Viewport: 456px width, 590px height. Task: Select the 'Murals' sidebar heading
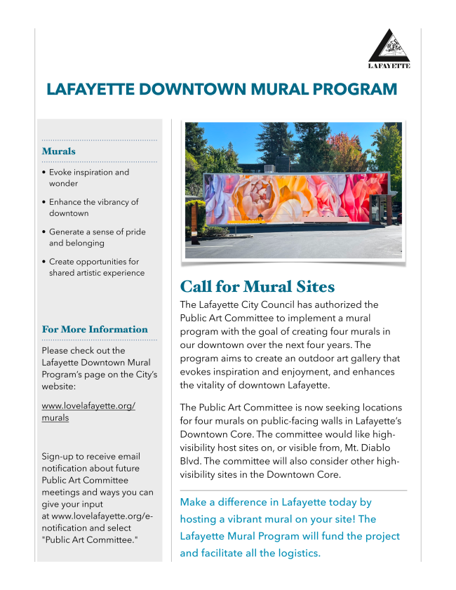[59, 151]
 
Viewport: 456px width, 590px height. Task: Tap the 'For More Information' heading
[95, 329]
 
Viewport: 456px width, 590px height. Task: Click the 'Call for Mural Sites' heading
[257, 286]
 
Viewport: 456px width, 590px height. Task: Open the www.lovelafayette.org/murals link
[88, 412]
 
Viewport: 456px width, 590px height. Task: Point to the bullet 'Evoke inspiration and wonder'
[89, 177]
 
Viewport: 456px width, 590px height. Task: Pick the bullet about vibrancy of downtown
[94, 207]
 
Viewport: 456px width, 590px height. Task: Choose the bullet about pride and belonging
[98, 237]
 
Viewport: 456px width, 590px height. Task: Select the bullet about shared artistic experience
[97, 267]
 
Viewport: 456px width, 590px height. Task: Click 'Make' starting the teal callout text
[193, 502]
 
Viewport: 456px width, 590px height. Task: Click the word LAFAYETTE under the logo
[389, 66]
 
